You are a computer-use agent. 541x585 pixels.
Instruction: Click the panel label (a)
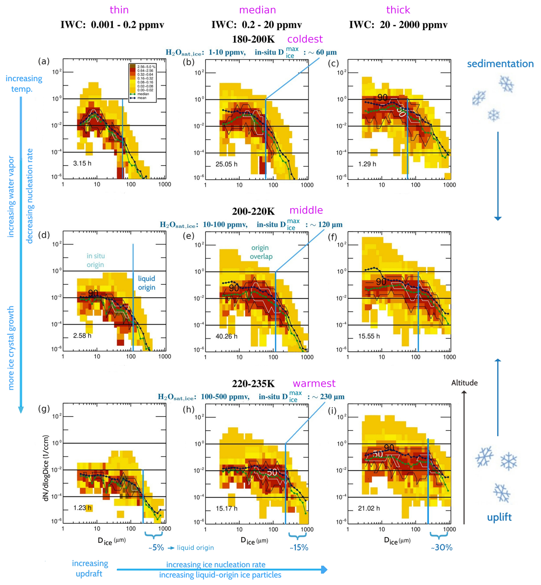coord(44,62)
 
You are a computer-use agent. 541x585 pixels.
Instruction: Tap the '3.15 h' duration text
coord(82,163)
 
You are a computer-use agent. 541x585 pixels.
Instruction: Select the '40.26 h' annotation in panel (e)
coord(226,336)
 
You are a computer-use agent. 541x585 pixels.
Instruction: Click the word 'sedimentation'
coord(500,64)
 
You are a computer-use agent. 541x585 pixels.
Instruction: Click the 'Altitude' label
coord(464,382)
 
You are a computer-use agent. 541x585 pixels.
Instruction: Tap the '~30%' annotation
coord(441,547)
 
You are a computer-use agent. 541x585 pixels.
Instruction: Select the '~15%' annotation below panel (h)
coord(299,547)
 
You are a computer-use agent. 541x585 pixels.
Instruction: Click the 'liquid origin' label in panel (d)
coord(146,283)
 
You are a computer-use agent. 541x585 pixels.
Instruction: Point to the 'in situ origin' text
coord(96,260)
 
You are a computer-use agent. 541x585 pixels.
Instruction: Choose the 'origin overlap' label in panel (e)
coord(260,252)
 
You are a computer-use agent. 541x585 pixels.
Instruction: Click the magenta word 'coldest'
coord(305,39)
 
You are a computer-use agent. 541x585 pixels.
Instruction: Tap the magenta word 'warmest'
coord(314,383)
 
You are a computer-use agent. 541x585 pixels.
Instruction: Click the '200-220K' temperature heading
coord(253,211)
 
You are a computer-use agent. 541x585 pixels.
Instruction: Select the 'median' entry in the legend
coord(143,94)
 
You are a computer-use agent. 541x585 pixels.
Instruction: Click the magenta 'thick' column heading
coord(398,10)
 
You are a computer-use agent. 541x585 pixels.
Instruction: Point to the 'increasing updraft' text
coord(89,568)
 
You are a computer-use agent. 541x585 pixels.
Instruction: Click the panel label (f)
coord(332,237)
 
